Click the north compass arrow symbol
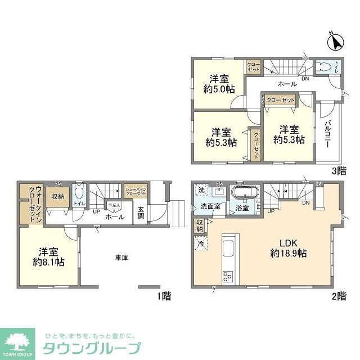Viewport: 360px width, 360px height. (335, 42)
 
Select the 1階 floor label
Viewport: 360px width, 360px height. (164, 295)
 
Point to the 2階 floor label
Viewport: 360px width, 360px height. (338, 295)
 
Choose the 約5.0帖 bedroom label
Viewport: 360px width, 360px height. (219, 83)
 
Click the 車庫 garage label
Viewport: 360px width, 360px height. (122, 258)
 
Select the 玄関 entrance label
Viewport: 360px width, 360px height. (141, 213)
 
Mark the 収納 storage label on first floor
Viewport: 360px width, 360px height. (58, 196)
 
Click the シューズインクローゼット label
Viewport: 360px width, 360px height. (136, 191)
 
